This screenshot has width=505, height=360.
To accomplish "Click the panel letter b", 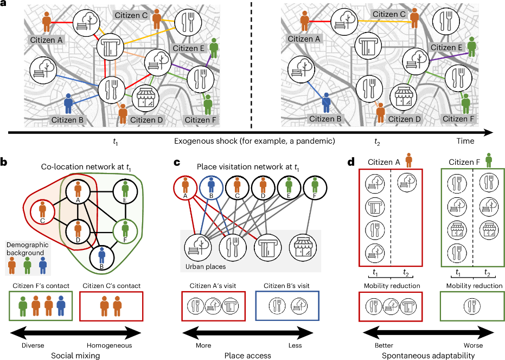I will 5,161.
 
